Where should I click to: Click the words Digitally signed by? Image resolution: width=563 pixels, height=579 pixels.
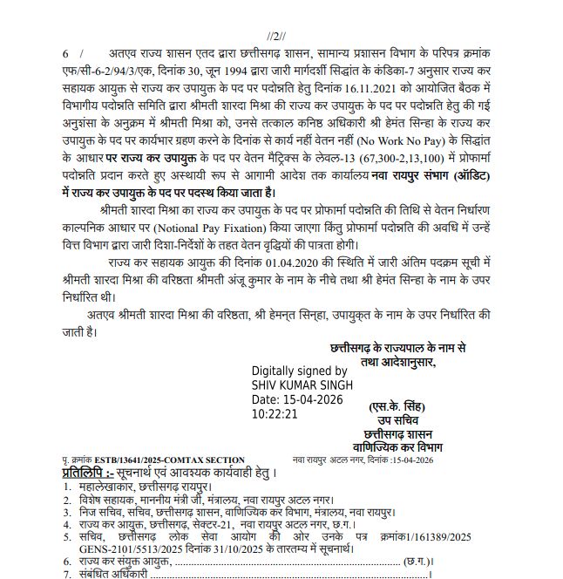(x=300, y=370)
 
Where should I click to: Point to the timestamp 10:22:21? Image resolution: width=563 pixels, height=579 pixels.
(x=275, y=414)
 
